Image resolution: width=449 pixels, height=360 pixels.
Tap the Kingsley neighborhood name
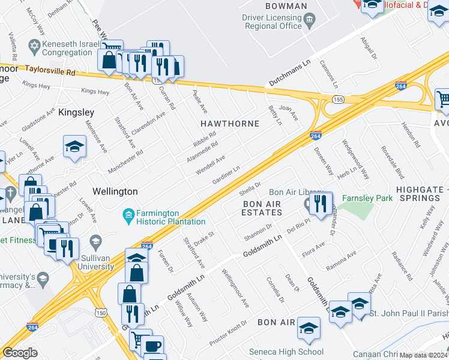point(76,112)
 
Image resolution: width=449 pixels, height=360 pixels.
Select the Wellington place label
point(115,191)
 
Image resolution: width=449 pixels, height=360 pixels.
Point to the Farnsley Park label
point(367,197)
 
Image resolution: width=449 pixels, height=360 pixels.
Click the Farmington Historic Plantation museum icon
point(128,214)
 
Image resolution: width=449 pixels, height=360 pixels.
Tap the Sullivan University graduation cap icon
point(95,242)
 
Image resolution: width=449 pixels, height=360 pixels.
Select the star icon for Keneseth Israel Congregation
point(35,46)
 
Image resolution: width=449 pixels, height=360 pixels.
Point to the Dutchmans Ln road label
point(289,72)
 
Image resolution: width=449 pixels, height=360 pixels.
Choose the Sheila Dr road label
point(250,188)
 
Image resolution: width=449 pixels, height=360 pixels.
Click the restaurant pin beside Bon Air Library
point(322,202)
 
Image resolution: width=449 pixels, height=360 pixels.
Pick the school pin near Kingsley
point(74,146)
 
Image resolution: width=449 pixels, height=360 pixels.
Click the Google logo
point(20,353)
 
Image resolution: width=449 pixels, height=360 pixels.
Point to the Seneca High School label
point(294,352)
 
